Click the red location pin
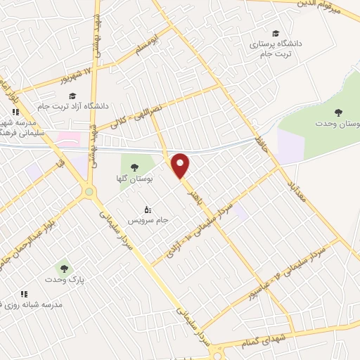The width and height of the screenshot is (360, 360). coord(181,165)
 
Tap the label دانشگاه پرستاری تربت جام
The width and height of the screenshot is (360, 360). coord(275,49)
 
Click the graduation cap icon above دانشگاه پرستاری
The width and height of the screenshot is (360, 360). coord(276,33)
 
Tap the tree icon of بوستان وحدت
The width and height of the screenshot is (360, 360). coord(339,112)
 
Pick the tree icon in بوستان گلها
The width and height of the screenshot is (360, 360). coord(133,167)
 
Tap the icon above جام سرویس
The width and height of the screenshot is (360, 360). coord(147,210)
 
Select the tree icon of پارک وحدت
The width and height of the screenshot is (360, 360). coord(65,268)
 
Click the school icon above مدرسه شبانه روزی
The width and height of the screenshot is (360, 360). coord(24,294)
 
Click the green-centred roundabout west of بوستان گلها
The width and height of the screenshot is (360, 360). coord(89,191)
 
